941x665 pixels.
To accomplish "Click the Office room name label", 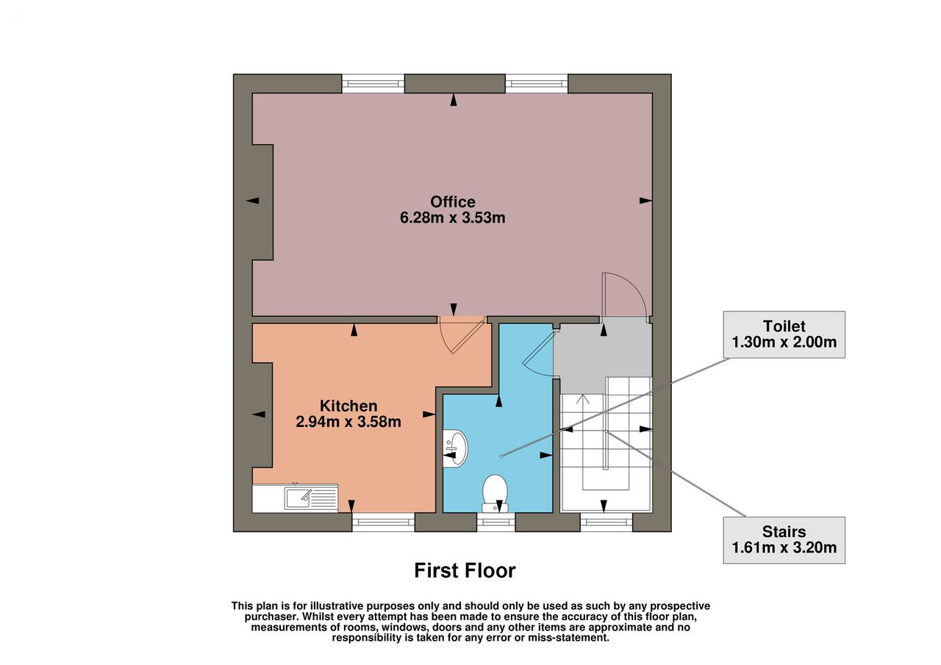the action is coord(452,202).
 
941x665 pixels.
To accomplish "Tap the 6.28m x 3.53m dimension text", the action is coord(452,218).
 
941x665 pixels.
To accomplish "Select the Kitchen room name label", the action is coord(348,406).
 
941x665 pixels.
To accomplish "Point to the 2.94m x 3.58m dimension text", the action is coord(348,422).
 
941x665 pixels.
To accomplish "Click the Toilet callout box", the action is coord(784,334).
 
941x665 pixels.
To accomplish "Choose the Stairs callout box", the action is coord(784,540).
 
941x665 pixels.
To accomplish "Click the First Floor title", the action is coord(465,570).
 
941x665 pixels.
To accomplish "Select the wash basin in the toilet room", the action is coord(455,448).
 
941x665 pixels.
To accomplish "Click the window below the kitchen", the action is coord(383,522).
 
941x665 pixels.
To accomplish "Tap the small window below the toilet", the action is coord(496,522).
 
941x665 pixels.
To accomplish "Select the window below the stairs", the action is coord(607,522).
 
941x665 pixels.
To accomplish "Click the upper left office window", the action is coord(373,84).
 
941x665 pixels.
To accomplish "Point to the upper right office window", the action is coord(537,84).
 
